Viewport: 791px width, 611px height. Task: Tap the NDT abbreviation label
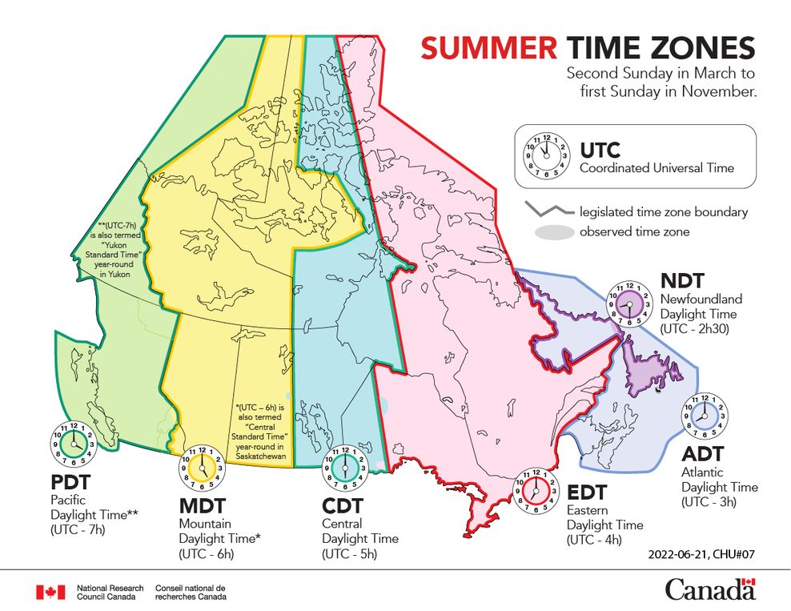[682, 280]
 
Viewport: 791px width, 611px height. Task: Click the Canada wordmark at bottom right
[709, 589]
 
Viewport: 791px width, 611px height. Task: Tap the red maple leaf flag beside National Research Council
[50, 592]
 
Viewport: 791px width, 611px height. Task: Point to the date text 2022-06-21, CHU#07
[703, 553]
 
